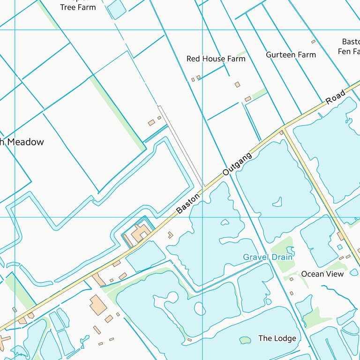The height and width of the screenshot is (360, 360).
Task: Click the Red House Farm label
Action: pos(216,59)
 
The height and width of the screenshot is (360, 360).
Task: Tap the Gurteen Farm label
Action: pos(291,55)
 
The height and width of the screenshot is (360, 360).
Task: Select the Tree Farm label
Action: pos(78,7)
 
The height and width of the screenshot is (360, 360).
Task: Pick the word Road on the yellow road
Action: pos(335,96)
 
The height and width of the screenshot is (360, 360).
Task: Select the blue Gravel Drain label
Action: pos(267,257)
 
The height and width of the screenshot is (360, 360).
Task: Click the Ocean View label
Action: pos(322,274)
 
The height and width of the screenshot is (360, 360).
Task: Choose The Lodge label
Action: pos(277,338)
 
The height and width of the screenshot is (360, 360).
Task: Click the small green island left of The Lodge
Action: pos(245,340)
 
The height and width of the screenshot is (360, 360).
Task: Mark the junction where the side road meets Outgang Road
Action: pos(283,127)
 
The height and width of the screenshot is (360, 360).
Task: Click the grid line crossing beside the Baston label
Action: pos(202,217)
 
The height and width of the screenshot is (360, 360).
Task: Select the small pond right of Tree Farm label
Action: pos(116,9)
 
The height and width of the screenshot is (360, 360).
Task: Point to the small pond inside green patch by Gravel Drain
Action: pos(290,251)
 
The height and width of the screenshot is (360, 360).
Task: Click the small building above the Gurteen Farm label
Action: pos(313,42)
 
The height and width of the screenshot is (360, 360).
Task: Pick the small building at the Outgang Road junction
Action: pos(281,133)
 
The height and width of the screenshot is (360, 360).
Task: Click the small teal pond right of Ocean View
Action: pos(353,272)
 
